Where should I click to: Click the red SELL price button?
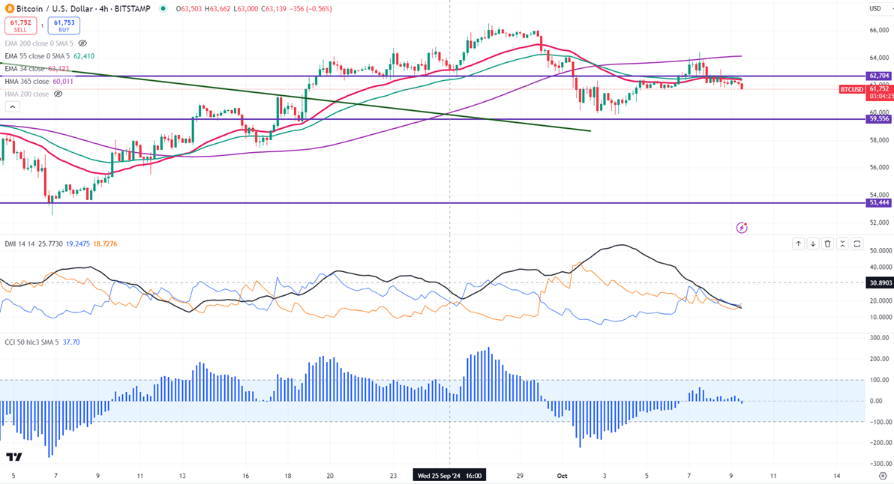tap(20, 26)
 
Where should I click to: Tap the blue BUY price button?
tap(64, 26)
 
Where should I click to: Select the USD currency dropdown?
tap(875, 9)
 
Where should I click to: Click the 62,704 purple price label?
tap(878, 76)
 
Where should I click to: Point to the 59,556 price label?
tap(878, 119)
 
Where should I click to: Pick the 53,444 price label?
tap(878, 203)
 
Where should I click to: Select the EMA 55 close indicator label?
tap(37, 56)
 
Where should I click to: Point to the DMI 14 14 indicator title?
tap(19, 244)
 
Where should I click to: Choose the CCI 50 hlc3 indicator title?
tap(26, 342)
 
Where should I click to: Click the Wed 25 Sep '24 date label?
tap(449, 475)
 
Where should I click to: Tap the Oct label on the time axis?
tap(562, 475)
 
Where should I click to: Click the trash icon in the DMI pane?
tap(828, 244)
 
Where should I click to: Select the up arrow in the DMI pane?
tap(798, 244)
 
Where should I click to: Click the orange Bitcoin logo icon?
tap(9, 9)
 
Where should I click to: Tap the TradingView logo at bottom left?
tap(13, 457)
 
